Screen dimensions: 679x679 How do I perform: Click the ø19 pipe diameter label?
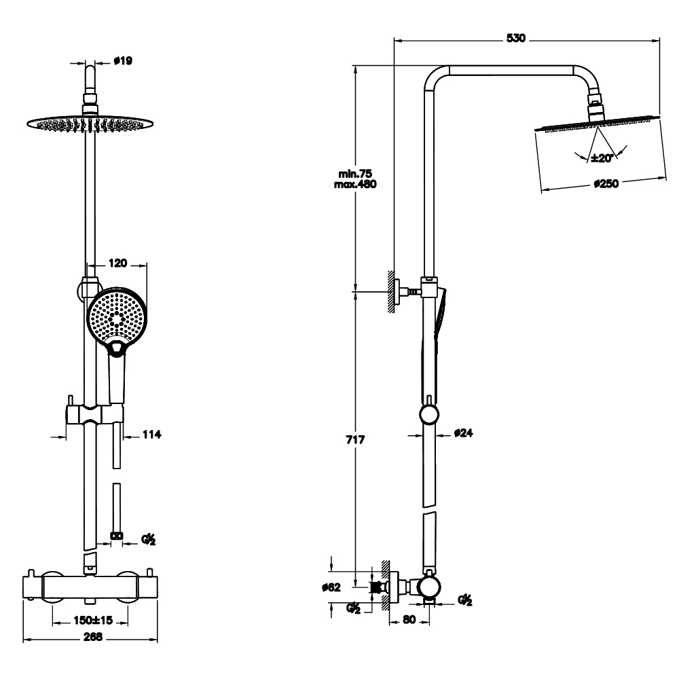[x=122, y=60]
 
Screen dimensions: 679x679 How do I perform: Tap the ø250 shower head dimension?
[x=605, y=183]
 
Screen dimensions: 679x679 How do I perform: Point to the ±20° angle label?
[x=602, y=158]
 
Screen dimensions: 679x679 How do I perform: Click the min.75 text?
[x=357, y=174]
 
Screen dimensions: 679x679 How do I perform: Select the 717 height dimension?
[x=356, y=440]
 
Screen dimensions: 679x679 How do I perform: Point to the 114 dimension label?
[x=151, y=434]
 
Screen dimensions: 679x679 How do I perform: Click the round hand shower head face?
[x=117, y=315]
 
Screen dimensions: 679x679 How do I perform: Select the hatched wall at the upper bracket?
[x=392, y=291]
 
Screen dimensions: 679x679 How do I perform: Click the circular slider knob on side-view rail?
[x=429, y=414]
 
